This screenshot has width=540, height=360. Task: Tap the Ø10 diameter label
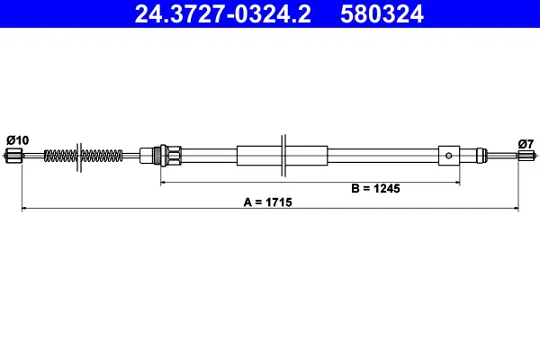pos(17,139)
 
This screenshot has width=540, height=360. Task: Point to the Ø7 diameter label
pos(526,143)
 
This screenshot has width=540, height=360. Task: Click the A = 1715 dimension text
pos(267,202)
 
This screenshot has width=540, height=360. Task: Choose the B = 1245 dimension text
pos(374,188)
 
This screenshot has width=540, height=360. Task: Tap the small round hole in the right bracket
pos(449,156)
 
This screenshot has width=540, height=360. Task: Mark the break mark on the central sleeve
pos(283,156)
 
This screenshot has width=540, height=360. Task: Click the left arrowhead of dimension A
pos(24,209)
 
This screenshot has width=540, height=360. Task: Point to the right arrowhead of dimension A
pos(516,209)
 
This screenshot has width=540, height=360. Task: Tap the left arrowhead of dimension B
pos(164,183)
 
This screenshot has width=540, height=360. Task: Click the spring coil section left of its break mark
pos(60,156)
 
